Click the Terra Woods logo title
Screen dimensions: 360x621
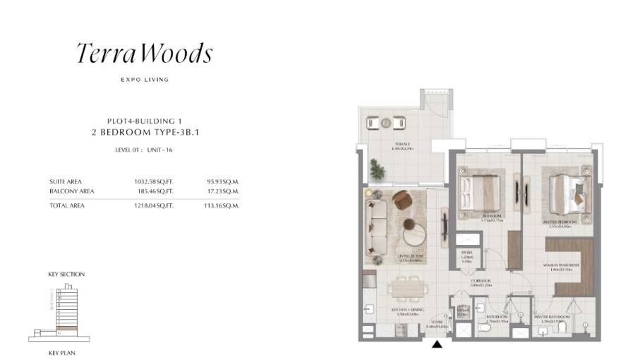(x=144, y=54)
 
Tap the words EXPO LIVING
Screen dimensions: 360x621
(x=145, y=80)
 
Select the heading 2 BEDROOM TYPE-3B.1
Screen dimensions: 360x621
(x=145, y=131)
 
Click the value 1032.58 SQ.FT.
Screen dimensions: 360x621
(x=153, y=181)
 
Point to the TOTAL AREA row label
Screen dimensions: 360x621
(x=68, y=205)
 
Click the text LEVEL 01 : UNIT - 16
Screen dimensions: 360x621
(x=145, y=150)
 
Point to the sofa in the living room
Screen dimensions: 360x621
(x=378, y=219)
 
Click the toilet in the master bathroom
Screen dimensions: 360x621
(x=562, y=327)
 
